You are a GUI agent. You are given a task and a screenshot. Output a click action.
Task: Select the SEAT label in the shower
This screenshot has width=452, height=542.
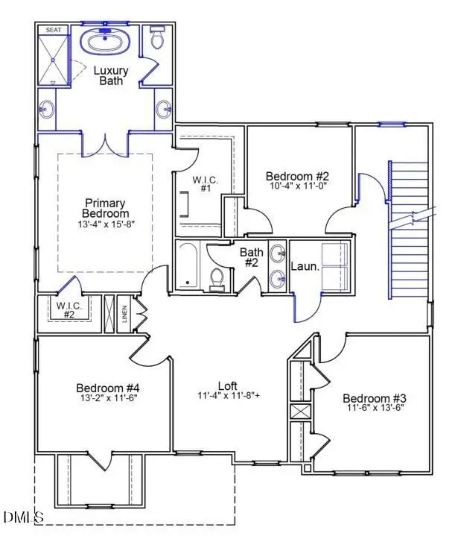click(54, 30)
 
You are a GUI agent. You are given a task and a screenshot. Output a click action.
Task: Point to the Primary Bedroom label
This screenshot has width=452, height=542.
click(105, 208)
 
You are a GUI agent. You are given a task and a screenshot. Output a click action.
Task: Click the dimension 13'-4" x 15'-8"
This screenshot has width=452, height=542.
click(105, 224)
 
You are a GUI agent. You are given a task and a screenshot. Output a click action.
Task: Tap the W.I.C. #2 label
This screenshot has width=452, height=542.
click(68, 309)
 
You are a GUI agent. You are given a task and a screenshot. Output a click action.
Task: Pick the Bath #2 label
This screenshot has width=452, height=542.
click(250, 258)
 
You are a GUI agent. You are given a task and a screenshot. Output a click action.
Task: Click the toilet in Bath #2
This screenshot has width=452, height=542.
click(217, 278)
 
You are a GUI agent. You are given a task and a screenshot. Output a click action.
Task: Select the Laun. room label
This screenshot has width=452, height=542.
click(305, 265)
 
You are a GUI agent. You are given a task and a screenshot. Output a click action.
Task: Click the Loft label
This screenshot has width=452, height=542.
click(228, 385)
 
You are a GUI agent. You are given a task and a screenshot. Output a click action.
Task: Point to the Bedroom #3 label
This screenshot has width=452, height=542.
click(374, 398)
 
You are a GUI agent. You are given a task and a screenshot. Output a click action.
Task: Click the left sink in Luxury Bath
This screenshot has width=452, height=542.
click(46, 110)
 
